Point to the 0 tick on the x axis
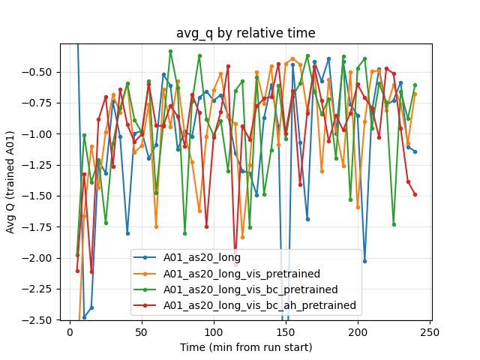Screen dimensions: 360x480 [70, 331]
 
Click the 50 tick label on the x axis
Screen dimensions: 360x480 [142, 331]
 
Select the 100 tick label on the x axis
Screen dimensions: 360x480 [214, 331]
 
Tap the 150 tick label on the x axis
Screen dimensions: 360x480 [285, 331]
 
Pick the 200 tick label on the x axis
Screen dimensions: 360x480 [357, 331]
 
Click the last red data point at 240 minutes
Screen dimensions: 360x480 [415, 194]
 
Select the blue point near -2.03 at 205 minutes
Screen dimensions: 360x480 [364, 261]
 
